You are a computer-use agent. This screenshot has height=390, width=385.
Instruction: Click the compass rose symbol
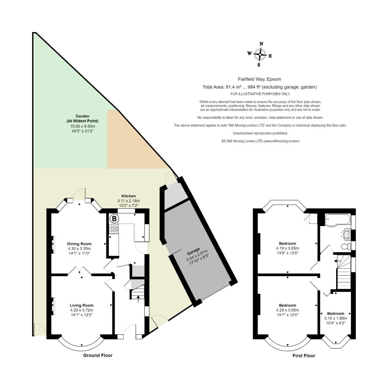pos(260,55)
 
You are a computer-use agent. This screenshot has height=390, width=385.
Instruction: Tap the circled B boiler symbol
pos(114,218)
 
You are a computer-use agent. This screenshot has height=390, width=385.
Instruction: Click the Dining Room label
pos(79,244)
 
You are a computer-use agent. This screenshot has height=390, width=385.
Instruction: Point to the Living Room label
pos(82,305)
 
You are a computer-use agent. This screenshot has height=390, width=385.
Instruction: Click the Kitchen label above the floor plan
pos(128,196)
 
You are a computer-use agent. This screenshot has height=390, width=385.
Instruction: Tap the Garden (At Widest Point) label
pos(82,119)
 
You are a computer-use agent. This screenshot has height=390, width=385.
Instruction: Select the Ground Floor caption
pos(98,355)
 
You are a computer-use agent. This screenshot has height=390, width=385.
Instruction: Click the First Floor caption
pos(304,356)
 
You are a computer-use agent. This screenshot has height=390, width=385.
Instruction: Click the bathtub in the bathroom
pos(337,220)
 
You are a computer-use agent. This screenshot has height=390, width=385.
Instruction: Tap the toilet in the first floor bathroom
pos(346,247)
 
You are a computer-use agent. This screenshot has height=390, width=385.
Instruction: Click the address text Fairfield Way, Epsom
pos(260,79)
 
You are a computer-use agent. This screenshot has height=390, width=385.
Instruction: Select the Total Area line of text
pos(260,87)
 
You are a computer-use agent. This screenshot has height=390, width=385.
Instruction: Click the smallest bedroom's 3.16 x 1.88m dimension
pos(335,318)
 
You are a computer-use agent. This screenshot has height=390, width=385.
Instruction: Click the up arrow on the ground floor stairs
pos(138,298)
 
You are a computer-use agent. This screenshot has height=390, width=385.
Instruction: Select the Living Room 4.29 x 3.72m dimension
pos(82,310)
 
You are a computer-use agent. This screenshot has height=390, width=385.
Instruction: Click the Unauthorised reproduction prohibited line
pos(260,133)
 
